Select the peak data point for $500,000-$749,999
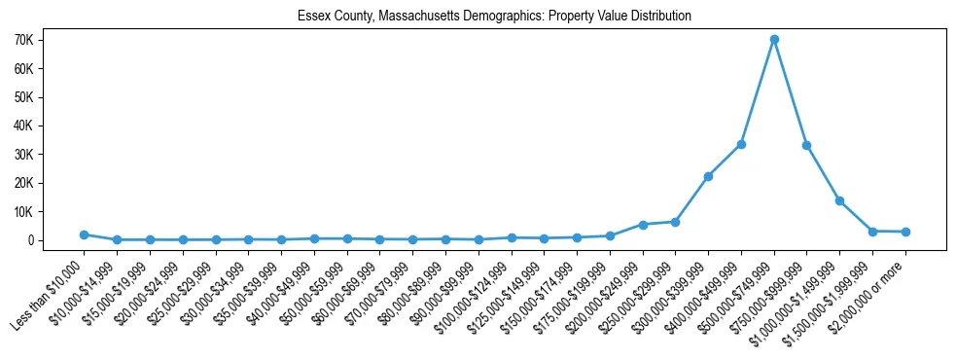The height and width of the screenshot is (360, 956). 774,40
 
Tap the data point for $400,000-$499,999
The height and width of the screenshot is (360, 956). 741,144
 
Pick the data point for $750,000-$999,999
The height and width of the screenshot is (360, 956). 807,145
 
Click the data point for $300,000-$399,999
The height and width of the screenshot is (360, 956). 708,176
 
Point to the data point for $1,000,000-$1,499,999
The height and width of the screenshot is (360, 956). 839,200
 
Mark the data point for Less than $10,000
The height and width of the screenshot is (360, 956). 85,234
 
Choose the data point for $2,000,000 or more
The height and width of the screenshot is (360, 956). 905,232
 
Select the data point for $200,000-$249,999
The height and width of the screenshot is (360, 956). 643,224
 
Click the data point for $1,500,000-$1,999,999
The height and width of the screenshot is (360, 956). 872,231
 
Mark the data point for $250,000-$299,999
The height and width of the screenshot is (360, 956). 675,222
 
